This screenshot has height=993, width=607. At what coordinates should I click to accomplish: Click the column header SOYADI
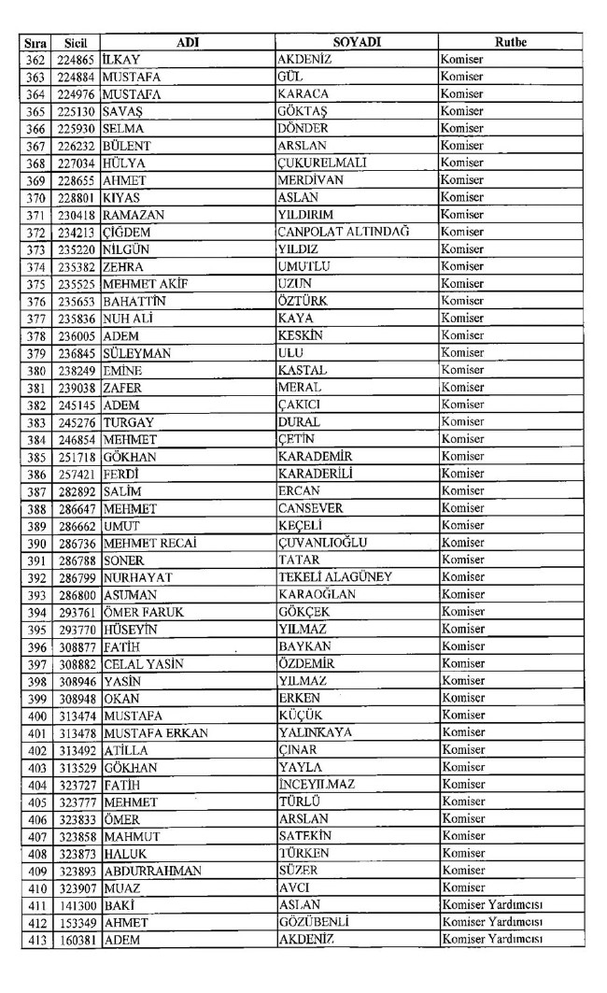coord(356,42)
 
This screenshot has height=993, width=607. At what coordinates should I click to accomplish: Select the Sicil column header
coord(76,42)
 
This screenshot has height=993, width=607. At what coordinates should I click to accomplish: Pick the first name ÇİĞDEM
coord(127,232)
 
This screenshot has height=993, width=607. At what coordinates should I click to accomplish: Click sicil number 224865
coord(76,60)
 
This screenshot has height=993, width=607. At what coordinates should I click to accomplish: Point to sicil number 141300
coord(76,904)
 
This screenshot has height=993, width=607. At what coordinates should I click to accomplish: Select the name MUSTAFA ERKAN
coord(149,732)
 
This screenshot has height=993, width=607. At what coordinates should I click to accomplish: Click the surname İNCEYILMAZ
coord(317,784)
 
